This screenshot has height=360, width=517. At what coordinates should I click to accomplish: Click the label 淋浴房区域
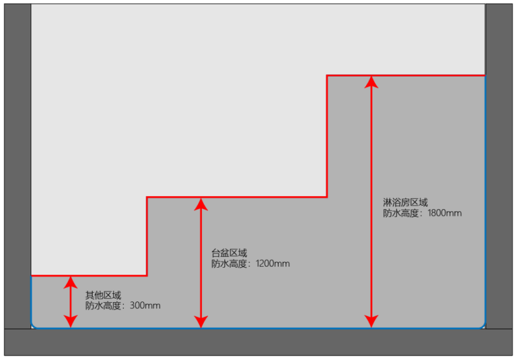coord(405,202)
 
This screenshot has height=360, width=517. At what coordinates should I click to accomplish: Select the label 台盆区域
coord(229,253)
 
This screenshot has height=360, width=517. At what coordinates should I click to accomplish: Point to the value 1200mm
coord(273,263)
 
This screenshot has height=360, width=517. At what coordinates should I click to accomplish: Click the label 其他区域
coord(103,295)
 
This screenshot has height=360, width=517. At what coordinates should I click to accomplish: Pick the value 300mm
coord(145,306)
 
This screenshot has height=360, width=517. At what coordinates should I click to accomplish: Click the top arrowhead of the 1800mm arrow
coord(372,82)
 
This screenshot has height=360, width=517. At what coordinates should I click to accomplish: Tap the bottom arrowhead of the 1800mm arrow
coord(372,320)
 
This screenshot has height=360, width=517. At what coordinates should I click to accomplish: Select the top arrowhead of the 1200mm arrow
coord(201,204)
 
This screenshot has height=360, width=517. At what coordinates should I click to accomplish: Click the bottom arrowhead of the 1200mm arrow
coord(201,320)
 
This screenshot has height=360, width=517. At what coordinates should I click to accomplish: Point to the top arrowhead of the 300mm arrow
coord(71,282)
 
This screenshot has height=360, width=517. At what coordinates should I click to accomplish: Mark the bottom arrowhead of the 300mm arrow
coord(71,320)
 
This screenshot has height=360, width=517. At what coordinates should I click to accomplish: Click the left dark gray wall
coord(17,162)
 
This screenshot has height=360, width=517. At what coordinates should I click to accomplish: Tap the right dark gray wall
coord(499,162)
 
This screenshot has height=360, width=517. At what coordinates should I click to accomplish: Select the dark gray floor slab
coord(258,342)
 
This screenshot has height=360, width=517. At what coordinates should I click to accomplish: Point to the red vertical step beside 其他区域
coord(147,236)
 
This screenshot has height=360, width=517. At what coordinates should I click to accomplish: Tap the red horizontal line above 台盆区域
coord(237,197)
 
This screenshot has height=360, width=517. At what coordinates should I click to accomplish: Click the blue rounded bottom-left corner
coord(34,325)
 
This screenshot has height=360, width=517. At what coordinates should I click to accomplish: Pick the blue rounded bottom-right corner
coord(483,325)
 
